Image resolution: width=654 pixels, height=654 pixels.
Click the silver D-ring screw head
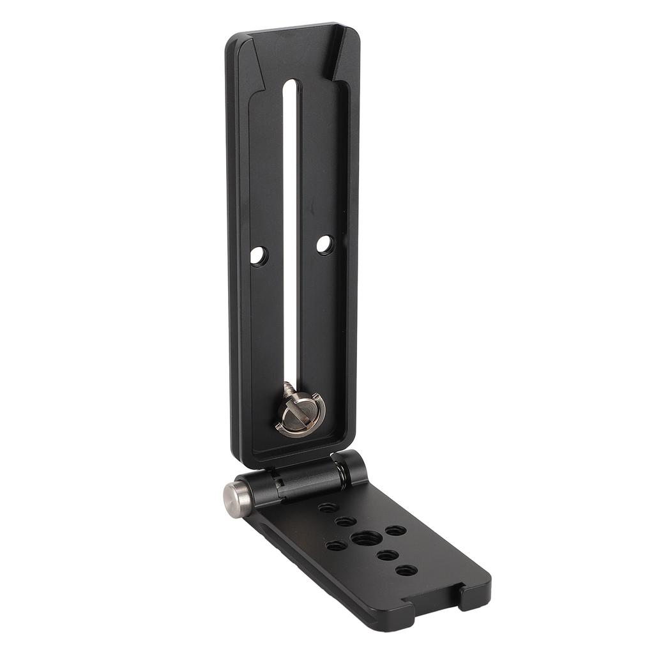point(300,416)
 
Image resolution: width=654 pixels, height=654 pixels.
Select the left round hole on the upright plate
point(258,255)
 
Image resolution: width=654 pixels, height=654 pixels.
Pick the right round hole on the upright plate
point(324,243)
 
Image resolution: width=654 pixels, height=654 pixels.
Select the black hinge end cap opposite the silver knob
point(351,468)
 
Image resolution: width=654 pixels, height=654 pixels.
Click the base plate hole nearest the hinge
point(328,508)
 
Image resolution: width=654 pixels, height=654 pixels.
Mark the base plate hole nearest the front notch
point(406,570)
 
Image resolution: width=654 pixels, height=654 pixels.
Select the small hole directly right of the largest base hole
point(395,530)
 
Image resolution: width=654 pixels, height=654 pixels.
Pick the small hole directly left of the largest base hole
point(336,546)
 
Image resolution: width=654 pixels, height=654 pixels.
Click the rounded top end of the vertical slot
point(291,85)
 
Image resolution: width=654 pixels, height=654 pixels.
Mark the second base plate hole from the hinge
point(346,521)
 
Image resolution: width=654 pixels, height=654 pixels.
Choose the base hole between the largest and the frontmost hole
point(387,555)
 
